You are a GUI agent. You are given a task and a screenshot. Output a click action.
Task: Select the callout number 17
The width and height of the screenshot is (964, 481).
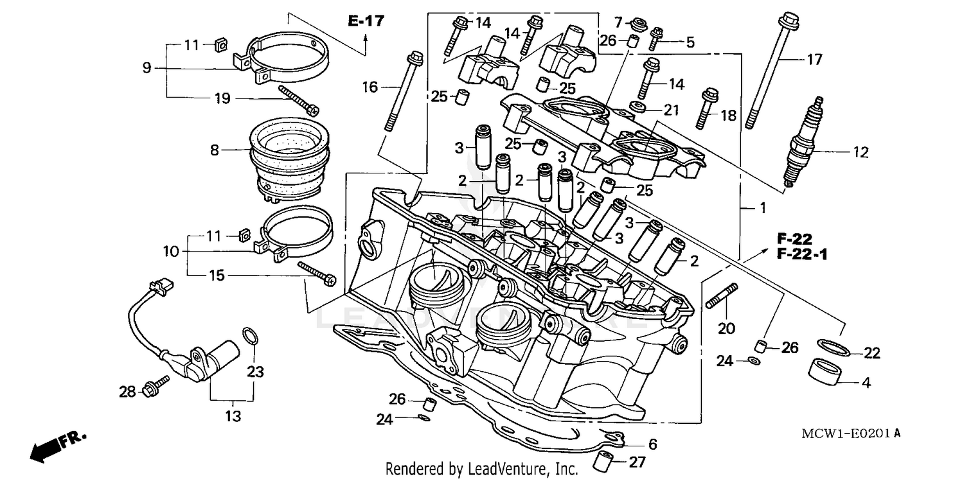[814, 60]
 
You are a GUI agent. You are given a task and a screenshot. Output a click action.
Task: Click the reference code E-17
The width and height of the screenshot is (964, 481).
[366, 21]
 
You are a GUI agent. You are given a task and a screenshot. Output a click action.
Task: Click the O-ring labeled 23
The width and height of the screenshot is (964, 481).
[253, 335]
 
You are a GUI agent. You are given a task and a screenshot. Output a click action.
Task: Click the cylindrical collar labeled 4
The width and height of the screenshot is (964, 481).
[825, 372]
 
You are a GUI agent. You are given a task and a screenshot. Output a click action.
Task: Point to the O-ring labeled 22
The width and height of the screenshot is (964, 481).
[834, 347]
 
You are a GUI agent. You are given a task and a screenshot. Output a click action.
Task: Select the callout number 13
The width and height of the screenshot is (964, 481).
[233, 416]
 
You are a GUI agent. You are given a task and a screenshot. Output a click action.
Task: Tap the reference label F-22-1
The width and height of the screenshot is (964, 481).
[801, 255]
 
